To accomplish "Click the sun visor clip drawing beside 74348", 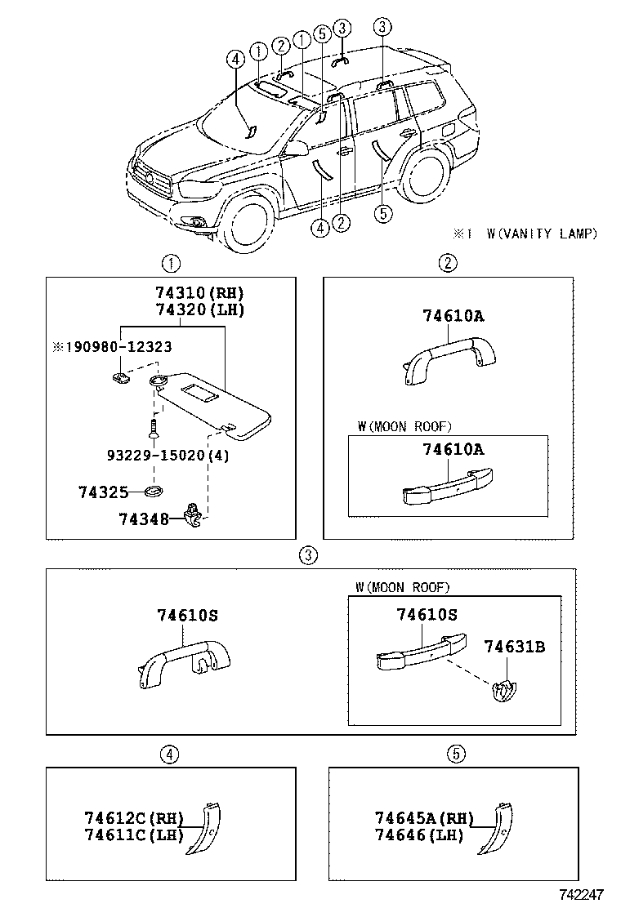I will (x=193, y=515).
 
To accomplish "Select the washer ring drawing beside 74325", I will (x=153, y=492).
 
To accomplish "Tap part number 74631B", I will (x=514, y=647).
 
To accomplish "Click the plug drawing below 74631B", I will (x=505, y=691).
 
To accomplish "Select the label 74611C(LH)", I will (x=133, y=835).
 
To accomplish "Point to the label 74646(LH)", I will (x=419, y=835).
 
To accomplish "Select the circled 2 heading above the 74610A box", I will (x=448, y=263).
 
